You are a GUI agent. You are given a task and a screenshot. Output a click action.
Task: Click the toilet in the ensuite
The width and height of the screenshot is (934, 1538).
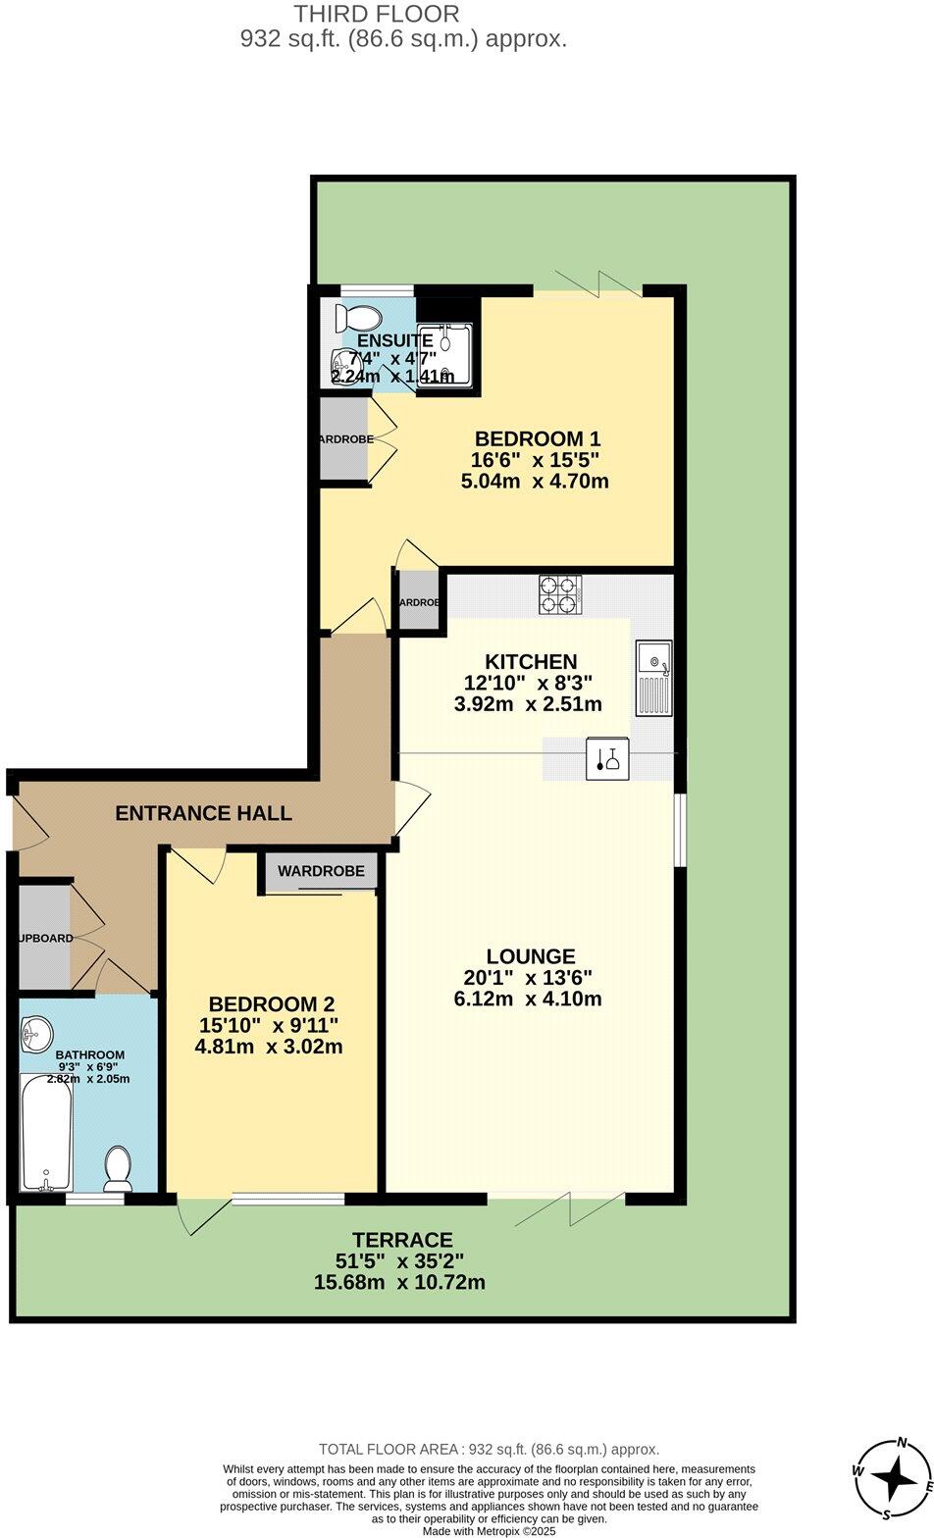[357, 318]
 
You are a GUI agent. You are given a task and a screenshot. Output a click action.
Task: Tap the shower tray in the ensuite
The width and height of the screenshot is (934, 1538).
[444, 353]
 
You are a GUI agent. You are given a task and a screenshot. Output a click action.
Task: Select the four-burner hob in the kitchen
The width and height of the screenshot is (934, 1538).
[560, 594]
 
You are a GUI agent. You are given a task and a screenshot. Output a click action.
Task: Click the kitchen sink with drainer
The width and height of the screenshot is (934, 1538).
[652, 677]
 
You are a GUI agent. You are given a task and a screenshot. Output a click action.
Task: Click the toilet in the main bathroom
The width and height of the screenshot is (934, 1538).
[119, 1167]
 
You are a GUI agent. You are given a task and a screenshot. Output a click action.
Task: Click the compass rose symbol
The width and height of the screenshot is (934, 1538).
[892, 1476]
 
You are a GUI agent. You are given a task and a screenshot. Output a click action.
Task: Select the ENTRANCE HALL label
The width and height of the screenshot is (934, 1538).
[203, 813]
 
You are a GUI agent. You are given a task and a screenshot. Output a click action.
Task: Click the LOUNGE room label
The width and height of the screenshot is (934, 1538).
[531, 956]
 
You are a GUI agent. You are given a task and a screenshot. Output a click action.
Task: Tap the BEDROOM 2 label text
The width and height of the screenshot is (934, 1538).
[272, 1004]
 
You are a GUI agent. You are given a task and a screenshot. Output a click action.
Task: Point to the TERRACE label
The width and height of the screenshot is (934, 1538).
[403, 1241]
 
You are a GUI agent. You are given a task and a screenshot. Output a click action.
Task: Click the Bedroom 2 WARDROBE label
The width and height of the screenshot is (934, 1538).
[321, 871]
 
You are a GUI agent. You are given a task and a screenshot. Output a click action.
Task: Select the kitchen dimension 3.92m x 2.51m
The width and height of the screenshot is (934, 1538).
[533, 704]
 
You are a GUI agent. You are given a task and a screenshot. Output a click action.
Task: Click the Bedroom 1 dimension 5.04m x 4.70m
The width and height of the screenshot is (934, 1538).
[535, 482]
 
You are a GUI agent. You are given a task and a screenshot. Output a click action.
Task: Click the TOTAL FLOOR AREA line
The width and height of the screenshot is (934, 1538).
[489, 1449]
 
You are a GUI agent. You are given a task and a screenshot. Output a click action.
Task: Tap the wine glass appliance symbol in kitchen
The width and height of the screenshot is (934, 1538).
[606, 759]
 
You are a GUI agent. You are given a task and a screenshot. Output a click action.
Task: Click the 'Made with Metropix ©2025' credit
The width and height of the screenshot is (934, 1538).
[489, 1530]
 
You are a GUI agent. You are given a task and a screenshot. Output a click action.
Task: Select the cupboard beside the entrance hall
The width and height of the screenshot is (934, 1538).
[44, 938]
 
